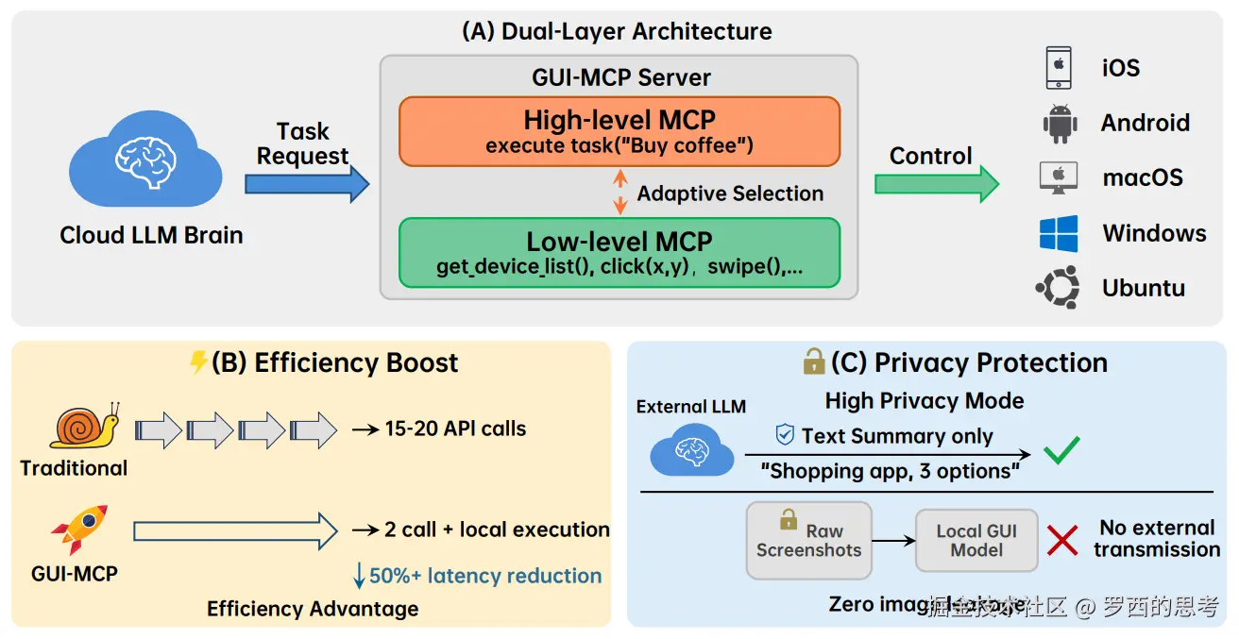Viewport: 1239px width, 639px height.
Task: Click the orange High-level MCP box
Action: (x=619, y=131)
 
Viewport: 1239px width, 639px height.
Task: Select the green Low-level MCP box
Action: (x=619, y=252)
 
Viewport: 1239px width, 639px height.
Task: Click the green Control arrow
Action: (x=936, y=183)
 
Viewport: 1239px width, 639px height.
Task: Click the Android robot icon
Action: (x=1060, y=124)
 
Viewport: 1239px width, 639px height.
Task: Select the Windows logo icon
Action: (x=1059, y=233)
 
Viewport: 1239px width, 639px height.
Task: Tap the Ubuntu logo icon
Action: (x=1058, y=288)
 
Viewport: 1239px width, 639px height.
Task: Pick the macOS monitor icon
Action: (x=1059, y=177)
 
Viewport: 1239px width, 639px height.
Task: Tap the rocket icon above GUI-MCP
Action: (x=79, y=529)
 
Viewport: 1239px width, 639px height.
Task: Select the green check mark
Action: (x=1061, y=450)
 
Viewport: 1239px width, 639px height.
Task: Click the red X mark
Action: (x=1062, y=541)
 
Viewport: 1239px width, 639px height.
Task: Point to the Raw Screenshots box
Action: (x=808, y=541)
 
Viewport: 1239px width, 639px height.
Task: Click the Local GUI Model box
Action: (x=976, y=541)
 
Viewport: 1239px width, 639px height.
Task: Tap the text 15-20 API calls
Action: (x=455, y=429)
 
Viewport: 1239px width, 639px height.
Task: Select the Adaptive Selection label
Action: (x=730, y=193)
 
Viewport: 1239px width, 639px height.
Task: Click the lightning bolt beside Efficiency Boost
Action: (x=198, y=362)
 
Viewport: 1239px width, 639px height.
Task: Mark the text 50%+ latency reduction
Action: (x=484, y=576)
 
